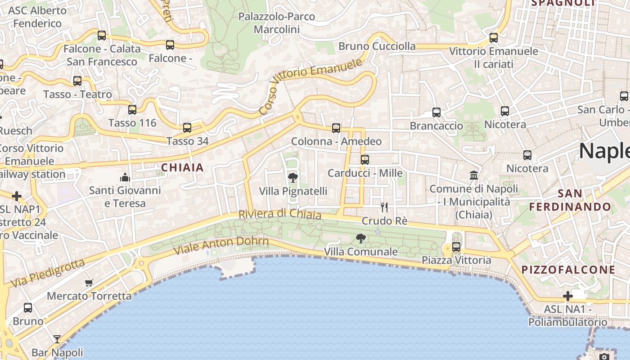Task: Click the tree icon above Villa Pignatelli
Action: pos(292,177)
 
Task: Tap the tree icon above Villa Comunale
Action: pos(360,238)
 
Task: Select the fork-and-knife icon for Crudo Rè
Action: pos(384,207)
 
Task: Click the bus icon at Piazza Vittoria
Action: pos(456,247)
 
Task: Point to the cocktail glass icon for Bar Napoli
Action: pos(57,339)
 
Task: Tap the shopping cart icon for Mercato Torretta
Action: pos(89,283)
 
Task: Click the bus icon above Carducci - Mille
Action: pos(365,159)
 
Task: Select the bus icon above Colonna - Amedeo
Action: pos(336,128)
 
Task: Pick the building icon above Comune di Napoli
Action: pos(474,175)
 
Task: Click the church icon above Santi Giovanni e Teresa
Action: pos(125,177)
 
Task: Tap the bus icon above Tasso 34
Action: pos(187,127)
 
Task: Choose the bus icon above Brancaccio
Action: pos(436,112)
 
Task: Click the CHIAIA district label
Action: pos(183,168)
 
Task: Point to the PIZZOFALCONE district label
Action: pos(568,270)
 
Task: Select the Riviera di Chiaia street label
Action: pos(280,214)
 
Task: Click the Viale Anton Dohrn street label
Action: pos(221,246)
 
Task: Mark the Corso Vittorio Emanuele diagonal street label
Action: pos(310,85)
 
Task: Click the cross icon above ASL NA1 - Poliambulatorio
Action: pos(568,296)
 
